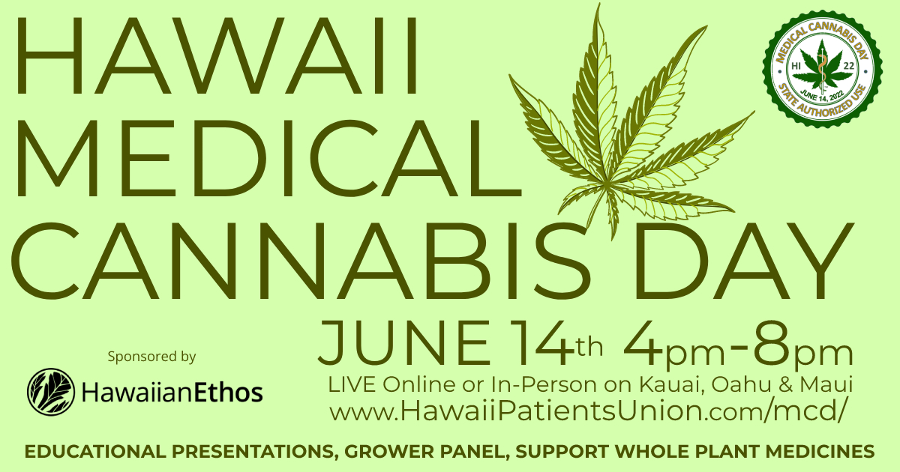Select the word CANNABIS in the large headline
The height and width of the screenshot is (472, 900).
(x=301, y=261)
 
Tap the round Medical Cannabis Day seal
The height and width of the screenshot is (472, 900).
(x=822, y=69)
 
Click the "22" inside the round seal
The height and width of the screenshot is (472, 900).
(x=849, y=66)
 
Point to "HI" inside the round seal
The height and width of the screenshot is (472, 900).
(x=796, y=66)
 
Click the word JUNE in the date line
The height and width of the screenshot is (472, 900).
(x=403, y=342)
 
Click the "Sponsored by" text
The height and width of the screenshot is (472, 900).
(x=151, y=357)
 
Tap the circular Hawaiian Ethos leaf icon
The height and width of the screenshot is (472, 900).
(x=51, y=392)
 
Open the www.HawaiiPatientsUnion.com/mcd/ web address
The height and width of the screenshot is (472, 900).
(x=588, y=412)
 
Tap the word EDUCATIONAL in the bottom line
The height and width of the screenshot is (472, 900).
(x=95, y=452)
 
